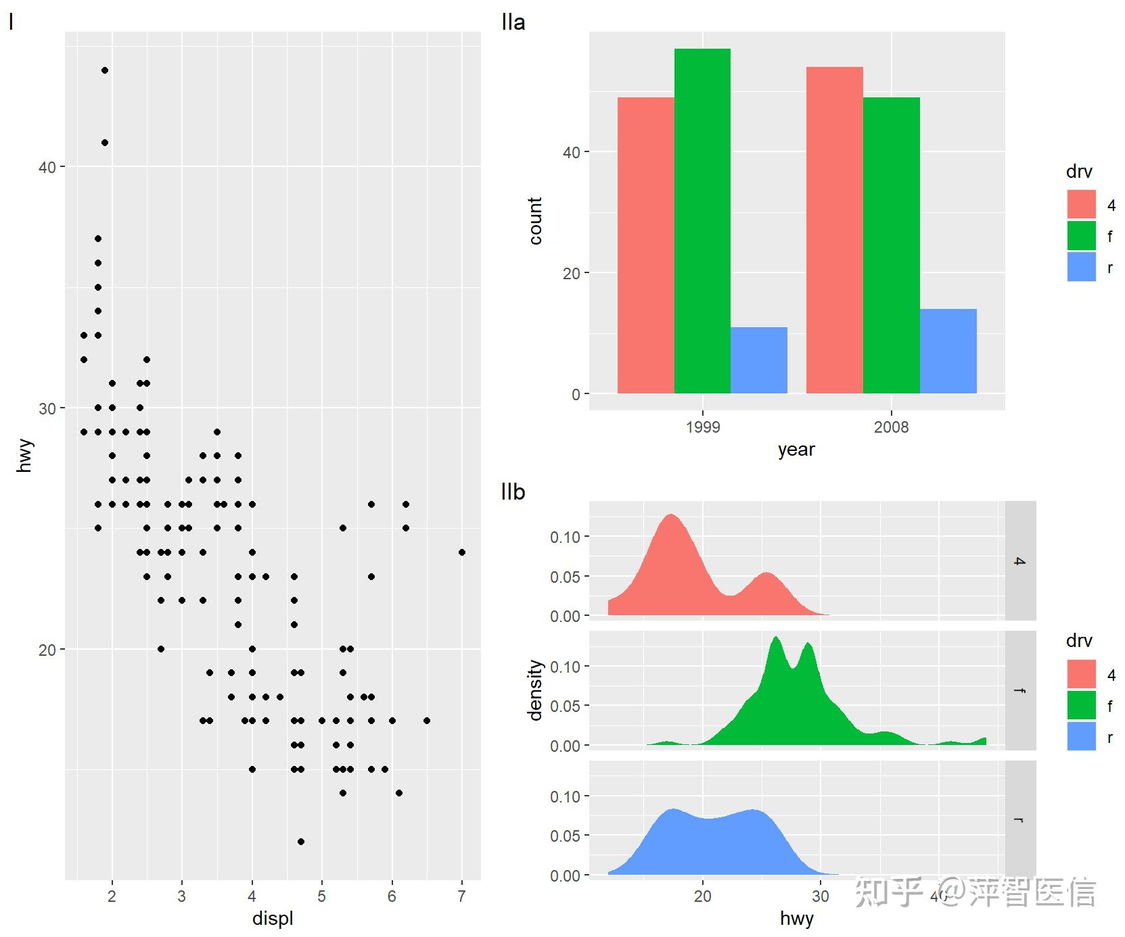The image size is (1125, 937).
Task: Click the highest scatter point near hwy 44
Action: pyautogui.click(x=105, y=70)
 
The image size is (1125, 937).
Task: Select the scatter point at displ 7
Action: pyautogui.click(x=462, y=552)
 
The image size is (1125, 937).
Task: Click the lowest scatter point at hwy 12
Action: pyautogui.click(x=301, y=842)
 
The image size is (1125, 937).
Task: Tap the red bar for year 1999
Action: pyautogui.click(x=646, y=245)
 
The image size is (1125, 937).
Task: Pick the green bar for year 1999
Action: pyautogui.click(x=702, y=221)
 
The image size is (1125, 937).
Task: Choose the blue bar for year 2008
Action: pyautogui.click(x=948, y=351)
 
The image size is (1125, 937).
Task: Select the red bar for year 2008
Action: pyautogui.click(x=835, y=230)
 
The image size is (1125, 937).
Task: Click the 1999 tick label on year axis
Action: pyautogui.click(x=703, y=427)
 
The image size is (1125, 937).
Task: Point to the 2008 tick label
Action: pyautogui.click(x=892, y=427)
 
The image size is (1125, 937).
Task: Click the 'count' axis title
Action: pyautogui.click(x=535, y=221)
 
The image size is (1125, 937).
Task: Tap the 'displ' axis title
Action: pyautogui.click(x=273, y=919)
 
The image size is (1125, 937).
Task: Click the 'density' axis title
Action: pyautogui.click(x=535, y=690)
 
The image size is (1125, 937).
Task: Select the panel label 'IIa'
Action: pyautogui.click(x=513, y=22)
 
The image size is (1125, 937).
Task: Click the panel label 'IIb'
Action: pyautogui.click(x=513, y=492)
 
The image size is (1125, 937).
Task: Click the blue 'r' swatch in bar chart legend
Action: pyautogui.click(x=1081, y=267)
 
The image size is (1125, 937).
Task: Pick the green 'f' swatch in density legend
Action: pyautogui.click(x=1081, y=705)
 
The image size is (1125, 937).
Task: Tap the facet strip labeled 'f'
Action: pyautogui.click(x=1020, y=690)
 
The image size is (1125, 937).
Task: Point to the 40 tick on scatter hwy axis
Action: pyautogui.click(x=47, y=167)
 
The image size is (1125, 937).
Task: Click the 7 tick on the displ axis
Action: pyautogui.click(x=462, y=897)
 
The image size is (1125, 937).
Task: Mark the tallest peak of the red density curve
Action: pyautogui.click(x=671, y=514)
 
